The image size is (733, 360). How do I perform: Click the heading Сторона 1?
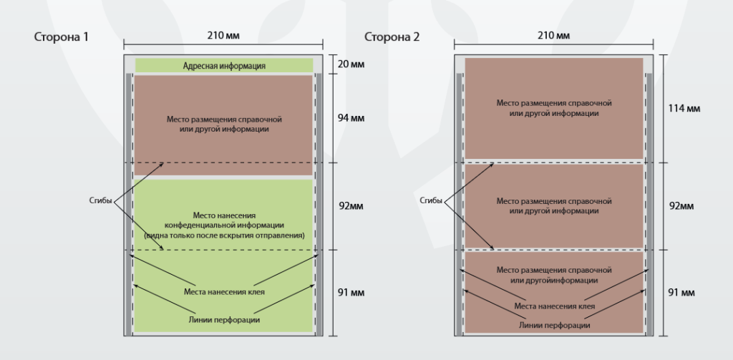(x=62, y=37)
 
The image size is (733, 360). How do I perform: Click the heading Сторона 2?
(x=392, y=37)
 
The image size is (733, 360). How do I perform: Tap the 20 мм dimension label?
(x=351, y=64)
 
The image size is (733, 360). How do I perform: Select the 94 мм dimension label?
(x=351, y=118)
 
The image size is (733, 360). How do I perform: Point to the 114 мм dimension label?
(x=684, y=109)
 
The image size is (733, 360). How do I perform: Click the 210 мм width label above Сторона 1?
(x=223, y=36)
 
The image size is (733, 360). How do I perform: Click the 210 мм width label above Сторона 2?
(x=554, y=36)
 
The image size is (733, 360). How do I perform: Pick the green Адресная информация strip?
(x=224, y=66)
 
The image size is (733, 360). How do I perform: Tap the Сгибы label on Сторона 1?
(x=100, y=201)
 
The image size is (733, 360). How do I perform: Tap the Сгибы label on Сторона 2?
(x=431, y=201)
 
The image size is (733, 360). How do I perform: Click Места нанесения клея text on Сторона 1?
(x=224, y=292)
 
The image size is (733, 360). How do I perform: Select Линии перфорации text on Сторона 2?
(x=555, y=326)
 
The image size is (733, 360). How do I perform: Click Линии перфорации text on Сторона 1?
(x=224, y=320)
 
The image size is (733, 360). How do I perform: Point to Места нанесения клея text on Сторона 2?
(x=555, y=307)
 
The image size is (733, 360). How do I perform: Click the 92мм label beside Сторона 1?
(x=351, y=206)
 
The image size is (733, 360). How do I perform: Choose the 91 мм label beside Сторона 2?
(x=681, y=293)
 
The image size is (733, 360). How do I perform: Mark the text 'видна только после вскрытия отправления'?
(x=224, y=235)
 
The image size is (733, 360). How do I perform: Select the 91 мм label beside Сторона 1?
(x=351, y=293)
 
